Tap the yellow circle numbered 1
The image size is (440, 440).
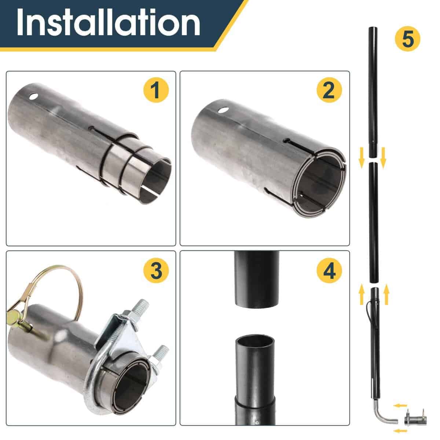(x=156, y=90)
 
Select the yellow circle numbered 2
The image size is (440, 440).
(x=329, y=90)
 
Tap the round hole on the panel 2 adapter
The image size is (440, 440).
(x=222, y=110)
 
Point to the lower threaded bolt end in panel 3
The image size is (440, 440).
(x=161, y=356)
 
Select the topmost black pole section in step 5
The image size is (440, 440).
(x=372, y=92)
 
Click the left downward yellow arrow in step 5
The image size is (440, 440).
(x=361, y=156)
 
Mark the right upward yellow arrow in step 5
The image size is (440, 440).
(x=385, y=295)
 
